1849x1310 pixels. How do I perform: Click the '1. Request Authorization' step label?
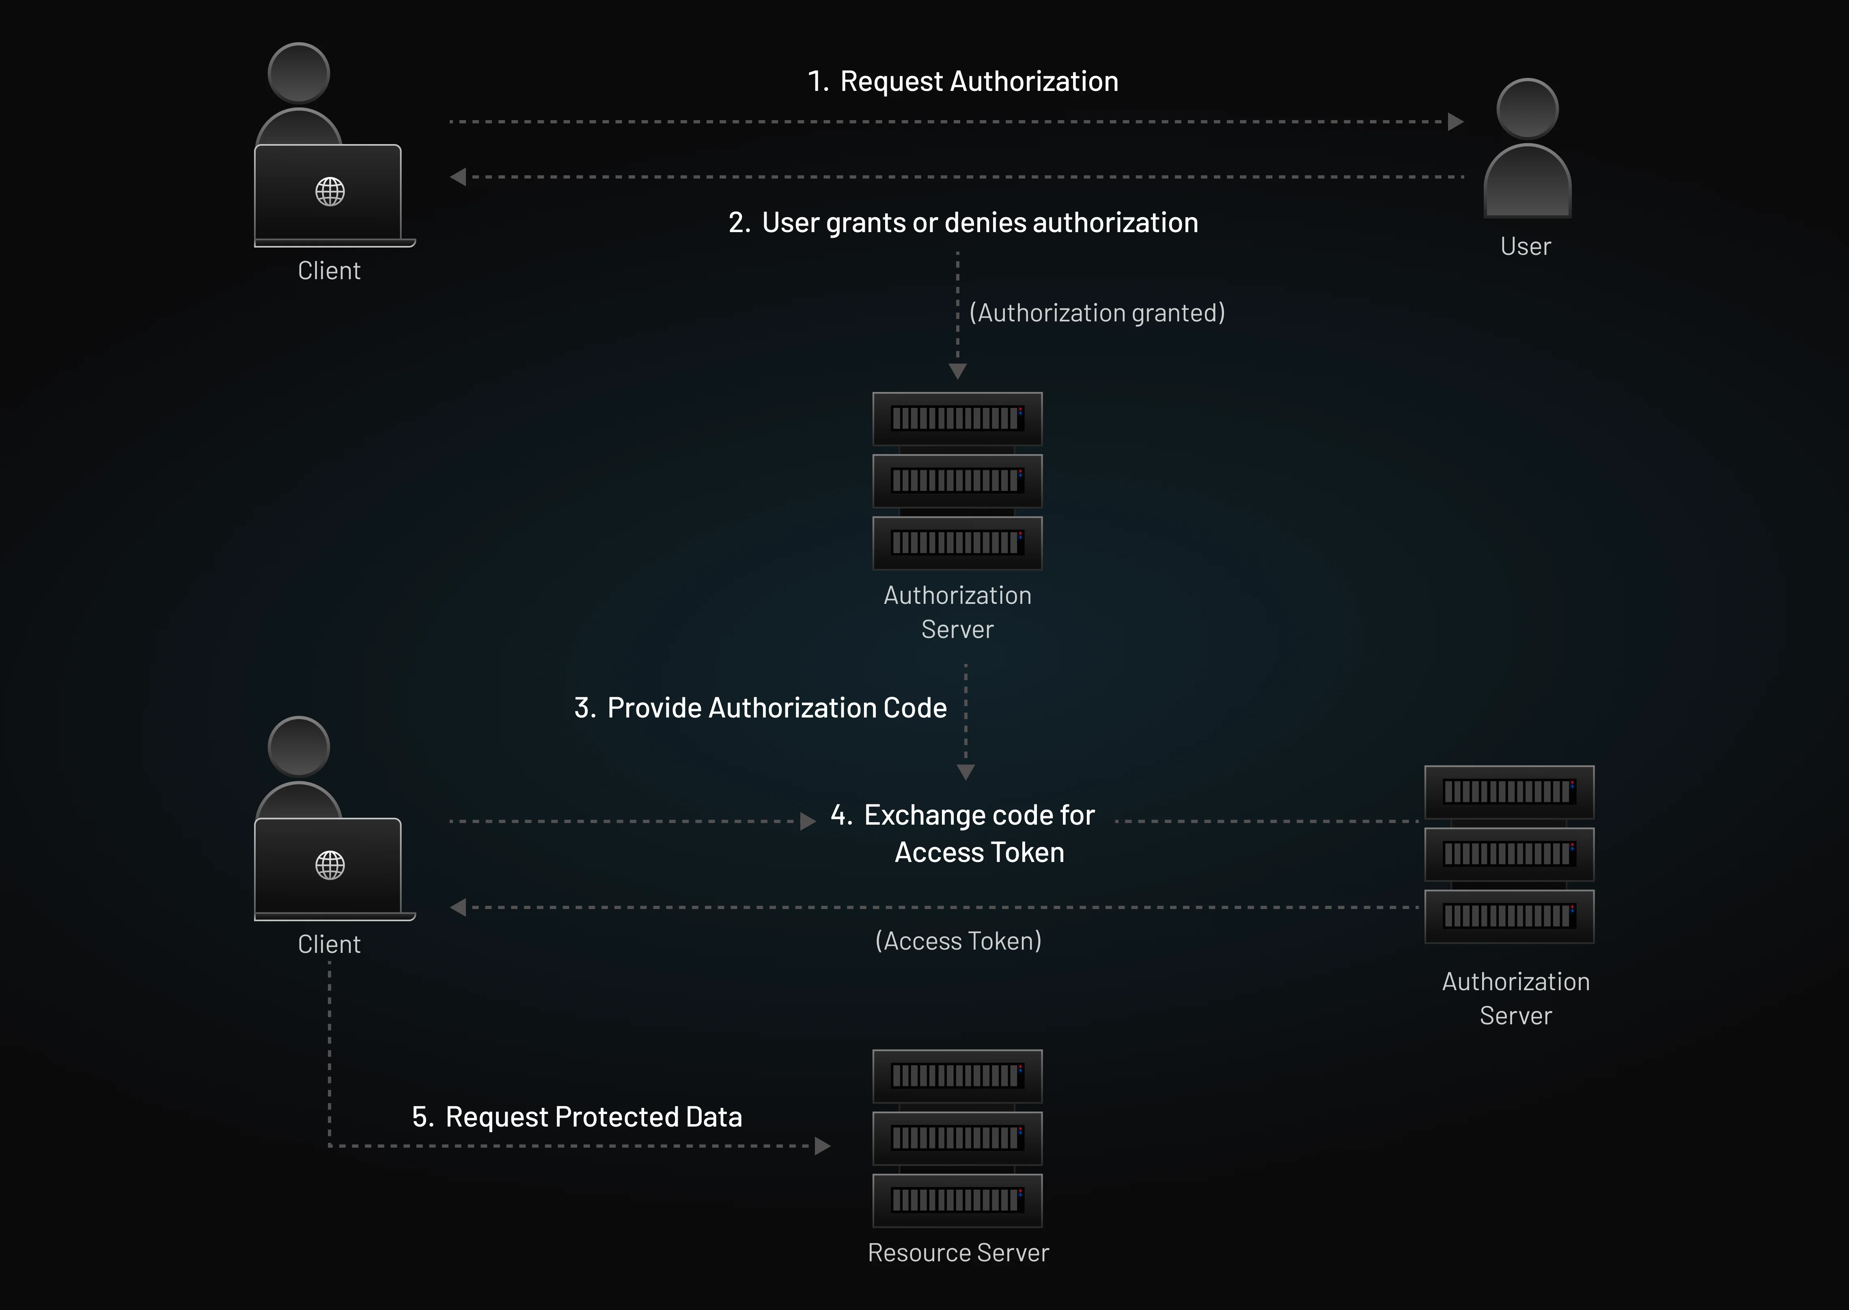point(962,82)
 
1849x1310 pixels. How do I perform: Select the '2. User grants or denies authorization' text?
point(962,223)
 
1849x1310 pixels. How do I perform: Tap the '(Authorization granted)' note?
point(1096,313)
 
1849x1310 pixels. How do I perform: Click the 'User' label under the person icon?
point(1525,246)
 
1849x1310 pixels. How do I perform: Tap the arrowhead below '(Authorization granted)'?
point(957,371)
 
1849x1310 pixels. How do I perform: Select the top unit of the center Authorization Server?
point(957,419)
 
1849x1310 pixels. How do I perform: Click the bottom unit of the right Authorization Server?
point(1509,916)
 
